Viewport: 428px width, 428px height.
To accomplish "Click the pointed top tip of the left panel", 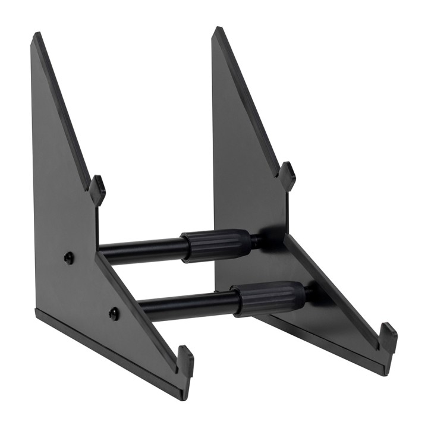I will point(36,36).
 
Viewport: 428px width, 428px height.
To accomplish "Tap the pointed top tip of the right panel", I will point(216,29).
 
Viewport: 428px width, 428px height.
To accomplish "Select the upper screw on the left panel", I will point(69,257).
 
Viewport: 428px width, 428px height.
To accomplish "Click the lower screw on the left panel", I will point(114,313).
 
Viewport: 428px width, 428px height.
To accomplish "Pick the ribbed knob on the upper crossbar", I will point(216,244).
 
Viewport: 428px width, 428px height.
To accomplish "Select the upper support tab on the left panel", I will point(97,189).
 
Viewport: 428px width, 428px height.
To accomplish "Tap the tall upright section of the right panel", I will point(238,149).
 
